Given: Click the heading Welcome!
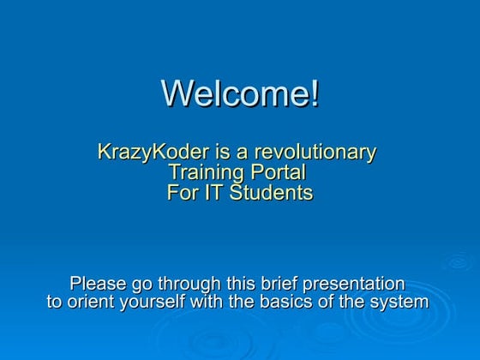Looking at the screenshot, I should [240, 93].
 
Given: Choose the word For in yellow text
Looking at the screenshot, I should [182, 193].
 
